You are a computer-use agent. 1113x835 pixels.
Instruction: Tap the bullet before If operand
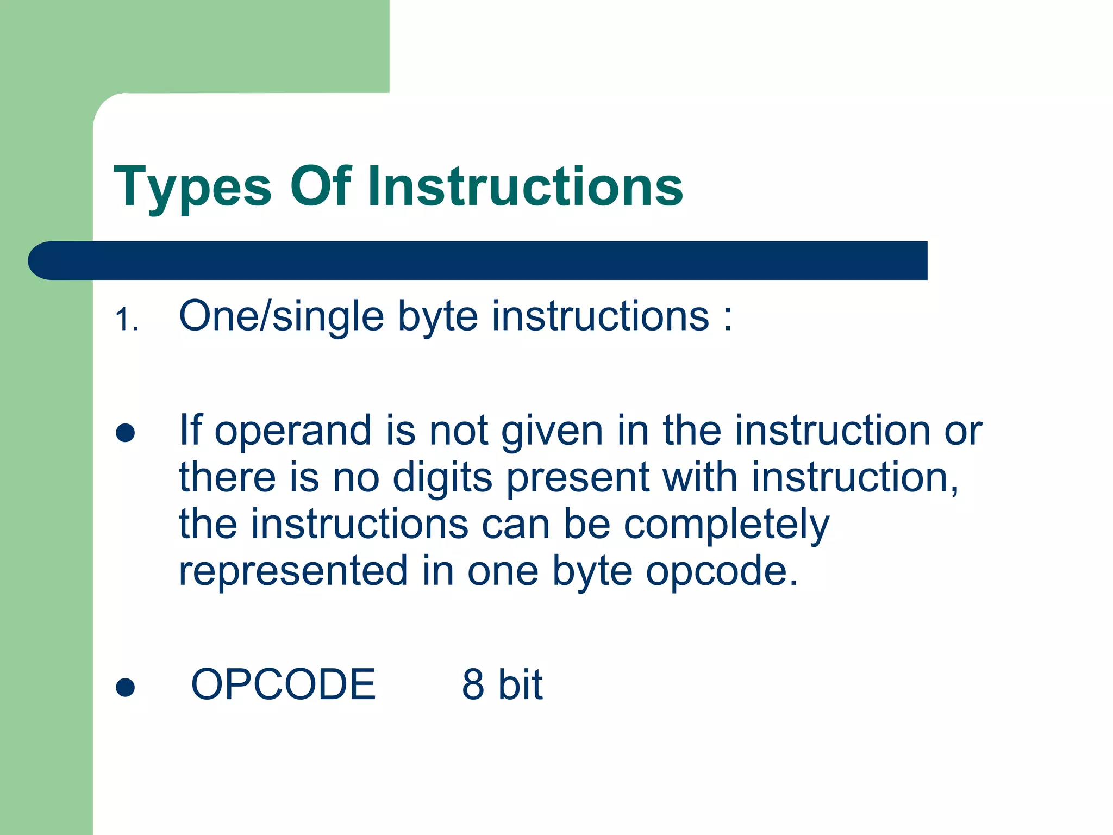point(126,433)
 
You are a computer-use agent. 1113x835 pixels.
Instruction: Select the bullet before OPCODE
point(126,687)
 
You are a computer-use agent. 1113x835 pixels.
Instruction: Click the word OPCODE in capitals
point(283,684)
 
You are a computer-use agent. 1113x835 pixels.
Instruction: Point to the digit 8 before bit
point(473,684)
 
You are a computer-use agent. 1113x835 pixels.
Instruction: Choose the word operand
point(293,431)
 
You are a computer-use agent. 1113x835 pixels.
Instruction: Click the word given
point(552,431)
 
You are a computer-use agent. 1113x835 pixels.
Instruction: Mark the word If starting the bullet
point(190,430)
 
